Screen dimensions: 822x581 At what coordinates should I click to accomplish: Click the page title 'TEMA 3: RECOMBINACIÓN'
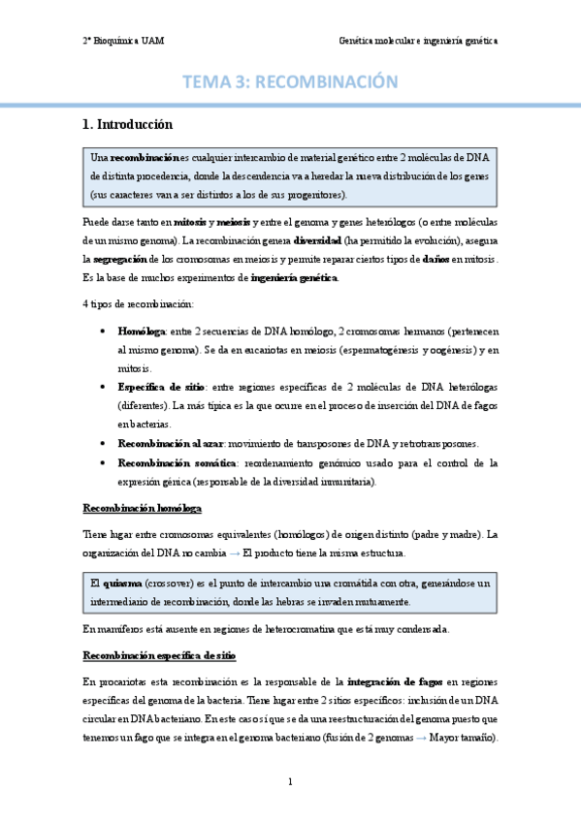[290, 83]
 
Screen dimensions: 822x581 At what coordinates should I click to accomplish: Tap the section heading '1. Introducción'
[127, 125]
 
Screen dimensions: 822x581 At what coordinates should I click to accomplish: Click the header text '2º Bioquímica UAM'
[123, 41]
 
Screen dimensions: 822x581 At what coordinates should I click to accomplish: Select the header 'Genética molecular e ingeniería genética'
[417, 41]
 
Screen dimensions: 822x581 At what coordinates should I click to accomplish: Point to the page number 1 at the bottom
[290, 781]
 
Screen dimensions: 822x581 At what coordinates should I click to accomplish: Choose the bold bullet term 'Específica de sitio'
[152, 387]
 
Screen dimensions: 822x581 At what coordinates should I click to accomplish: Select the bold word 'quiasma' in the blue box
[120, 583]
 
